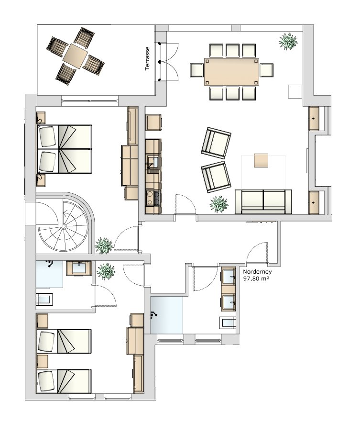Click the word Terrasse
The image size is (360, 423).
(x=147, y=58)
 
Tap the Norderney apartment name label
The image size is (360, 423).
(x=257, y=272)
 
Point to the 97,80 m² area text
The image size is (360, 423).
(x=256, y=278)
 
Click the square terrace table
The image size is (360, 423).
(x=76, y=56)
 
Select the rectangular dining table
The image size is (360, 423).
(x=232, y=71)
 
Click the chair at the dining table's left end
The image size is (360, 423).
(x=196, y=70)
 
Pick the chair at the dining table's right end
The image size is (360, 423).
(x=266, y=70)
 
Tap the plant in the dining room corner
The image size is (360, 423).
(x=288, y=42)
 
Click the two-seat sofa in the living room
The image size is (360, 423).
(x=263, y=202)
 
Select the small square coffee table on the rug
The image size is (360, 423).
(x=261, y=160)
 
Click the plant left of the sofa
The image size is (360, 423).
(x=219, y=204)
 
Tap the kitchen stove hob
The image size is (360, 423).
(x=153, y=198)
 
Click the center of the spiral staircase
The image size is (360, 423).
(x=64, y=227)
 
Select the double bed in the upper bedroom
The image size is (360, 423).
(x=65, y=149)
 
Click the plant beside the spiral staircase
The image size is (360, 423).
(x=104, y=245)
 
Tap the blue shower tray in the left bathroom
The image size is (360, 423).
(x=50, y=274)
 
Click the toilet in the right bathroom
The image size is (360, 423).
(x=228, y=323)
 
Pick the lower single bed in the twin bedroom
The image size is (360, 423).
(x=64, y=381)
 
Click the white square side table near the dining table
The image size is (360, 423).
(x=295, y=91)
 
